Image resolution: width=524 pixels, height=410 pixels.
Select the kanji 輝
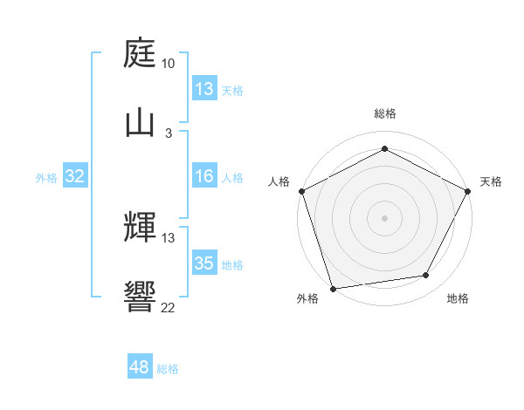click(141, 229)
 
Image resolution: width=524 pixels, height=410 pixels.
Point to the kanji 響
click(141, 297)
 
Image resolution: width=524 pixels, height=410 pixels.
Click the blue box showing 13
click(204, 89)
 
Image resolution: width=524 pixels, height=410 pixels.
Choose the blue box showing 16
click(204, 176)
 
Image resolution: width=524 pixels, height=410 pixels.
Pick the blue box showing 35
click(204, 263)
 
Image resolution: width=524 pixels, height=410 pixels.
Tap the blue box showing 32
click(75, 176)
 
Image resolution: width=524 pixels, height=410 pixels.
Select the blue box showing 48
click(140, 367)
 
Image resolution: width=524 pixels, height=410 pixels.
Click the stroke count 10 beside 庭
click(168, 64)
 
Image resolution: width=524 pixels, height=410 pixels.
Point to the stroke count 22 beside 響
click(168, 306)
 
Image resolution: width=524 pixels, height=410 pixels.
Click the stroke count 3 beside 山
click(168, 132)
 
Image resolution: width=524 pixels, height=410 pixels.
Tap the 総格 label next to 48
click(168, 369)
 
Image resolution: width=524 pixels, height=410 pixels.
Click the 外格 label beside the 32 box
click(46, 178)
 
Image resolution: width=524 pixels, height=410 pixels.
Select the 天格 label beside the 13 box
click(232, 91)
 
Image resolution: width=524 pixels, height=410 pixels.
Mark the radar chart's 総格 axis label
click(384, 113)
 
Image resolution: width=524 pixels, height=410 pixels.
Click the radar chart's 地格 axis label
click(458, 298)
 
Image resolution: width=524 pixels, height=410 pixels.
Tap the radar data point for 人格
click(301, 190)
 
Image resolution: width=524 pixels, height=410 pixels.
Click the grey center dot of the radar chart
click(384, 217)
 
